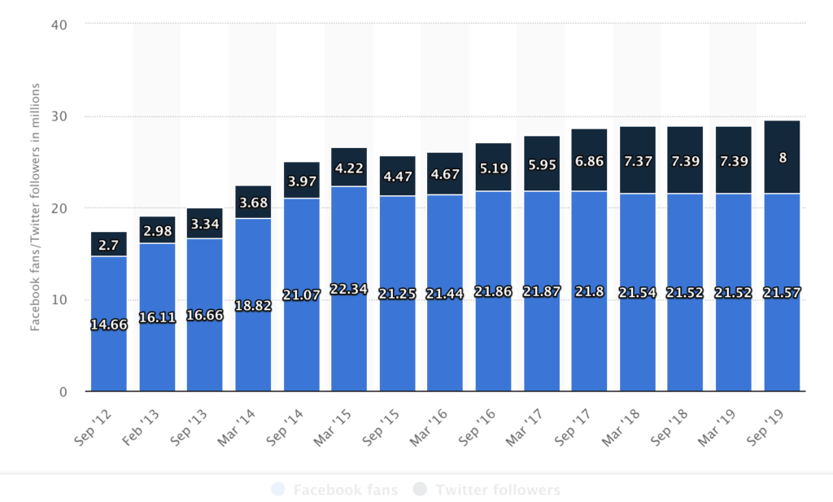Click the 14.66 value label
pyautogui.click(x=109, y=325)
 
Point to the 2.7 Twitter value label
pyautogui.click(x=109, y=244)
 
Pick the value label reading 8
pyautogui.click(x=783, y=158)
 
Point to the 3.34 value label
pyautogui.click(x=205, y=224)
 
